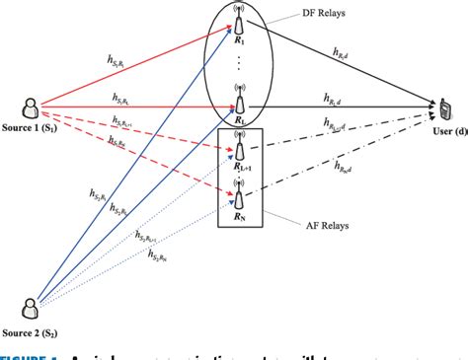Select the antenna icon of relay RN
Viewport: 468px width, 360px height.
[x=238, y=187]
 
